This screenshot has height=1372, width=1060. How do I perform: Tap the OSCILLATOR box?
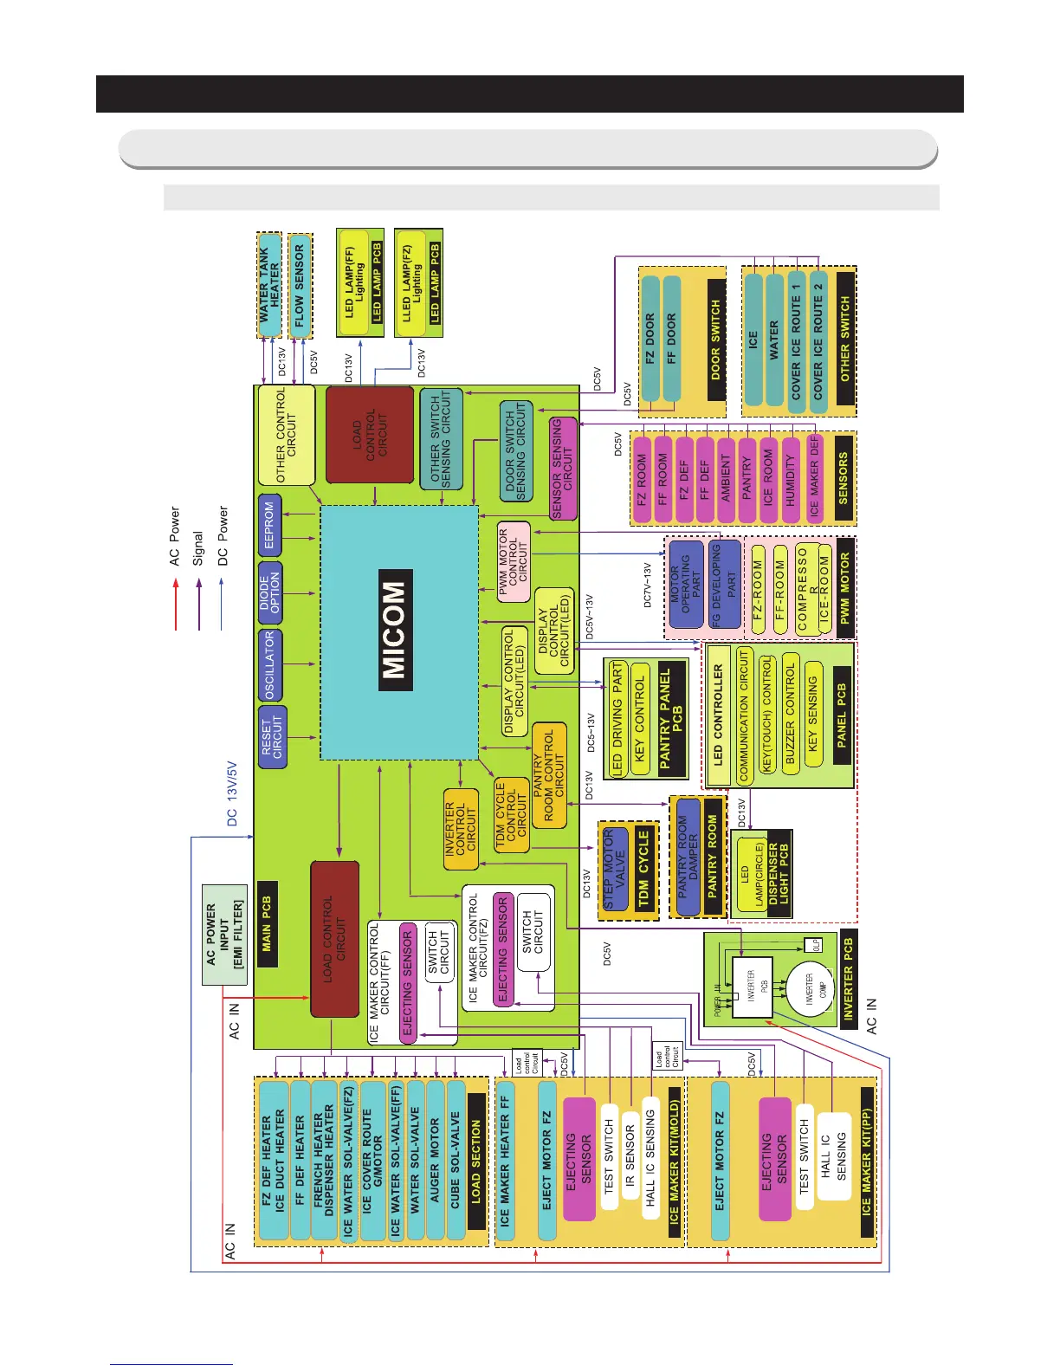click(x=270, y=665)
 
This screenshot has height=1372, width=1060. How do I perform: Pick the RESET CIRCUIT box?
click(x=272, y=736)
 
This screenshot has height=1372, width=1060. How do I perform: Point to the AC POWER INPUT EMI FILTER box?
click(x=224, y=935)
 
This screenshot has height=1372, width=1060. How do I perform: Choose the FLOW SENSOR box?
click(x=300, y=285)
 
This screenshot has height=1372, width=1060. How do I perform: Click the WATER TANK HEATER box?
click(x=269, y=285)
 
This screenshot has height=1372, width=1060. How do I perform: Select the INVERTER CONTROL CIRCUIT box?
click(x=460, y=829)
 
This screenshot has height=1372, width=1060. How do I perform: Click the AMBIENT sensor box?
click(x=726, y=478)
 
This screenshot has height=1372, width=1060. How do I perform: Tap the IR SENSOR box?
click(x=630, y=1156)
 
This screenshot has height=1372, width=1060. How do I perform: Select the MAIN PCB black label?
click(x=267, y=923)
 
